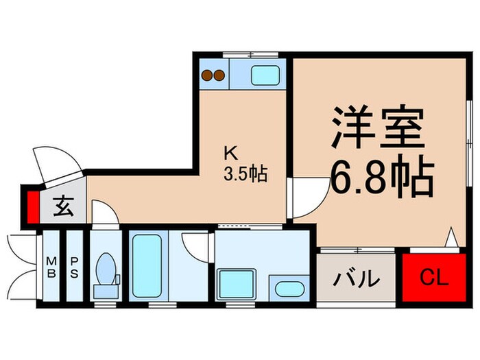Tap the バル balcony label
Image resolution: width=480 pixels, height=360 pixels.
pos(356,279)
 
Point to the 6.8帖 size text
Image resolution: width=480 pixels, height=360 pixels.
pos(382,178)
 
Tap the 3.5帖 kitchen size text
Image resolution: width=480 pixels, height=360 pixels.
pos(243,173)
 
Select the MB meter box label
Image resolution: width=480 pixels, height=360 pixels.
pos(51,267)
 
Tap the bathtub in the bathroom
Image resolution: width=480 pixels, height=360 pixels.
pos(145,266)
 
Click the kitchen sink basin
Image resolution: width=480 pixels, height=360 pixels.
pos(265,75)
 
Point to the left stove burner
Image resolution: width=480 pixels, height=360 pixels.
pos(206,75)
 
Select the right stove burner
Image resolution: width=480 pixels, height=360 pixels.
pos(219,75)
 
